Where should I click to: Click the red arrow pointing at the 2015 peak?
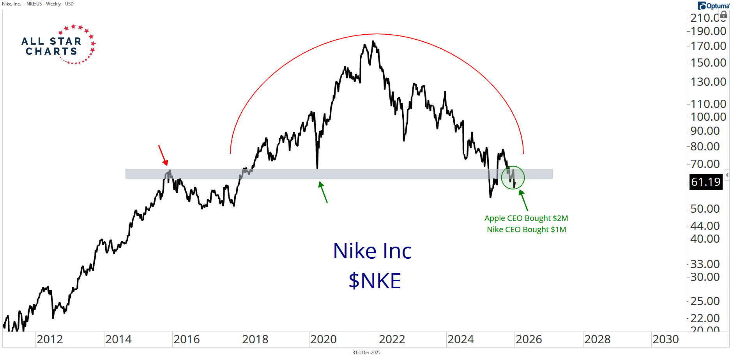[163, 155]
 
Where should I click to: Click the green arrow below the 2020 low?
[323, 192]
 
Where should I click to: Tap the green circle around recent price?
[513, 178]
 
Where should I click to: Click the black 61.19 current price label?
[705, 182]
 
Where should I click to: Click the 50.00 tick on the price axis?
[705, 209]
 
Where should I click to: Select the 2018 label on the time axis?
[255, 340]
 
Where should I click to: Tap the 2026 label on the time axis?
[529, 340]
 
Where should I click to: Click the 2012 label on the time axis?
[50, 340]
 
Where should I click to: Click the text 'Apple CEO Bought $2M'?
[526, 218]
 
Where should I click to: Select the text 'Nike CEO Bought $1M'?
[526, 229]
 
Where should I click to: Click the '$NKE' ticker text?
[375, 281]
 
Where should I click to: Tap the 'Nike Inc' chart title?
[372, 251]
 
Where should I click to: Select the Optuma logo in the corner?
[713, 6]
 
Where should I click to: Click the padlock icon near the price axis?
[723, 15]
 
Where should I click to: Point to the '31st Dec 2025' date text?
[366, 353]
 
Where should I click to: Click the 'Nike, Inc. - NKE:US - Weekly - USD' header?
[38, 4]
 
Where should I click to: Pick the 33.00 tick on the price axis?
[705, 264]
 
